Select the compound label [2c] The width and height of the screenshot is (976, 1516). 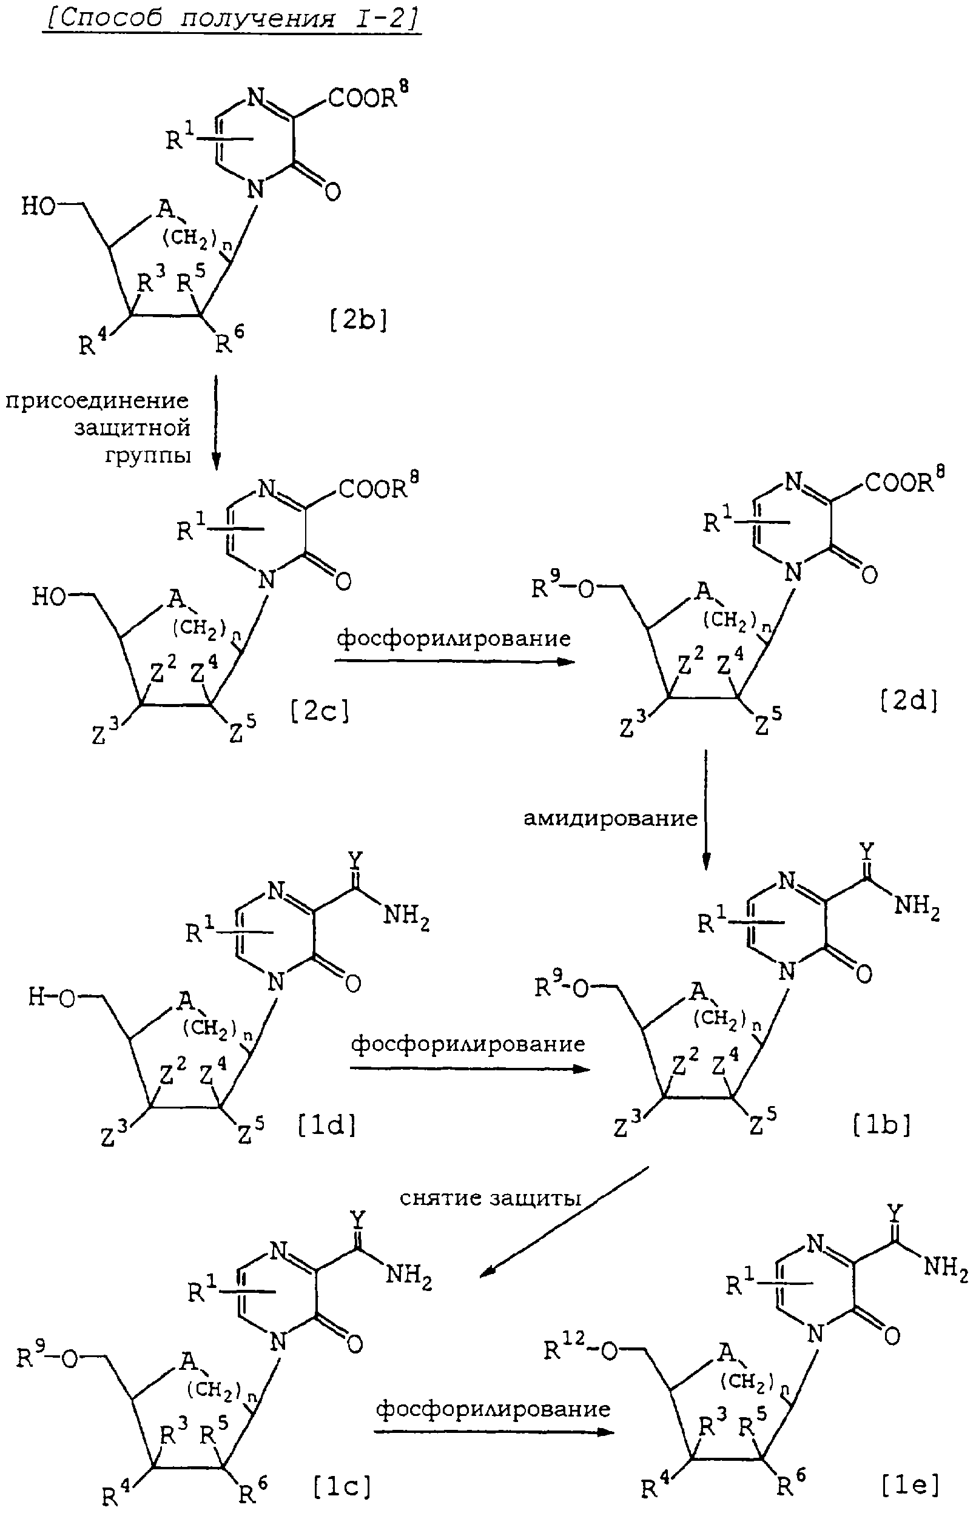(320, 712)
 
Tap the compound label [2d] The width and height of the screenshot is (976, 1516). (909, 701)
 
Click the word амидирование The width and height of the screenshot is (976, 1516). (610, 818)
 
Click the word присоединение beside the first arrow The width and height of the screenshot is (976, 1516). (98, 401)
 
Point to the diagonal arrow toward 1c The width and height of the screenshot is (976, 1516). (565, 1222)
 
